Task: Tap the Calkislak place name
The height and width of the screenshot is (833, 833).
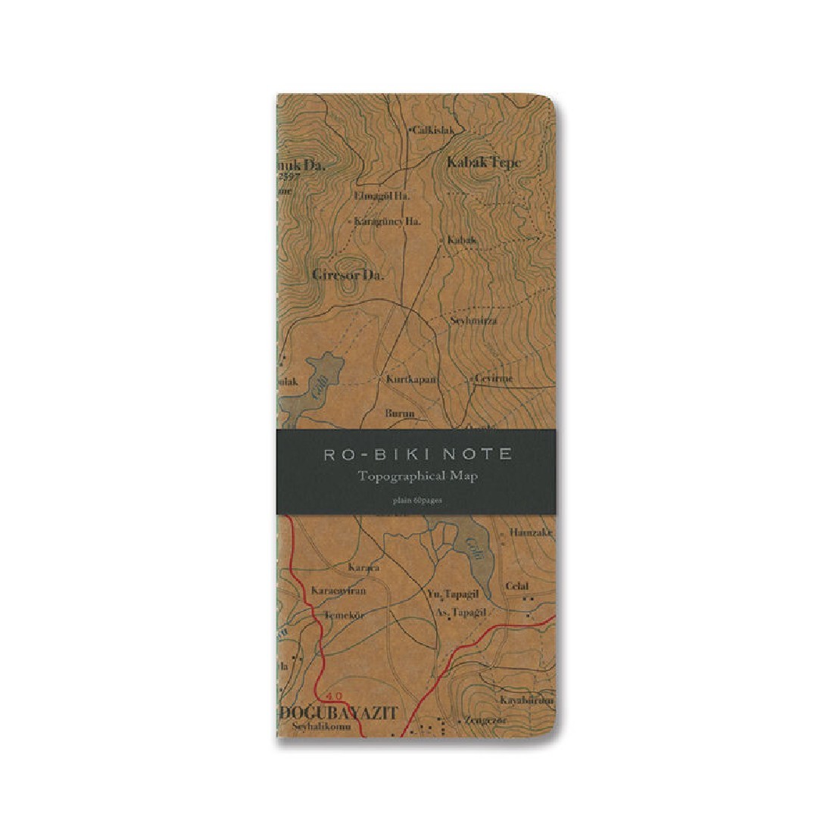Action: coord(432,130)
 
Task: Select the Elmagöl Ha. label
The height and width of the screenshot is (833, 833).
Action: coord(382,195)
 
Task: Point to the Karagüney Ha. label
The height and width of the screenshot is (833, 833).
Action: coord(387,221)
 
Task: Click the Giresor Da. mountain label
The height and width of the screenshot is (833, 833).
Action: coord(348,275)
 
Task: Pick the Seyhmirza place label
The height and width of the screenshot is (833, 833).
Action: coord(473,320)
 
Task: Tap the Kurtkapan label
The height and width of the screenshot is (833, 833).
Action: coord(412,379)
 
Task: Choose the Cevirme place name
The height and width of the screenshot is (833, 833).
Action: coord(493,379)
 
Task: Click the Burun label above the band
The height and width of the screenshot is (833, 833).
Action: coord(400,413)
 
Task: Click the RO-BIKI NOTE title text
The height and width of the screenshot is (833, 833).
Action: coord(417,454)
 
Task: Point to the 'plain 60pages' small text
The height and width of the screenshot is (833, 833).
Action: coord(416,499)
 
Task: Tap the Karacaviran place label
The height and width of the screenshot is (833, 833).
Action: coord(339,590)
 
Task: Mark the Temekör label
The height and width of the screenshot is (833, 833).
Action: coord(345,615)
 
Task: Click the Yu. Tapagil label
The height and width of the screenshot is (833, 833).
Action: coord(456,593)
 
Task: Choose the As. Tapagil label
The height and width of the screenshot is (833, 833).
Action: coord(461,612)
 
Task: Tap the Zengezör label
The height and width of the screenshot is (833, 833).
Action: coord(486,719)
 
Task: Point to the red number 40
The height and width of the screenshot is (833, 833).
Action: coord(335,695)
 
